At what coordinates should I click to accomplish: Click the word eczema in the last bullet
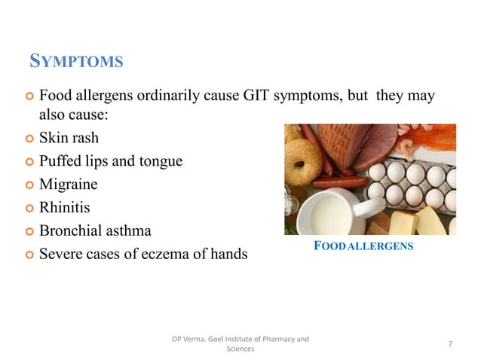(x=174, y=254)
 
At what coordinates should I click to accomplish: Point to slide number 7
(x=450, y=344)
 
